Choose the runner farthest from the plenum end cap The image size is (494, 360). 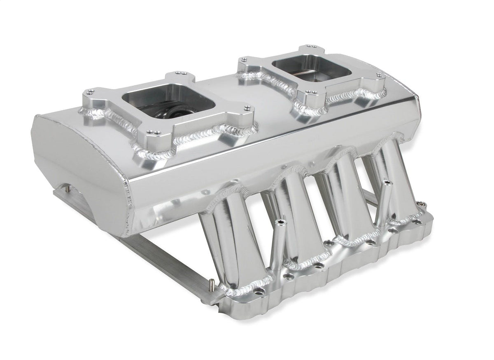pos(391,181)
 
